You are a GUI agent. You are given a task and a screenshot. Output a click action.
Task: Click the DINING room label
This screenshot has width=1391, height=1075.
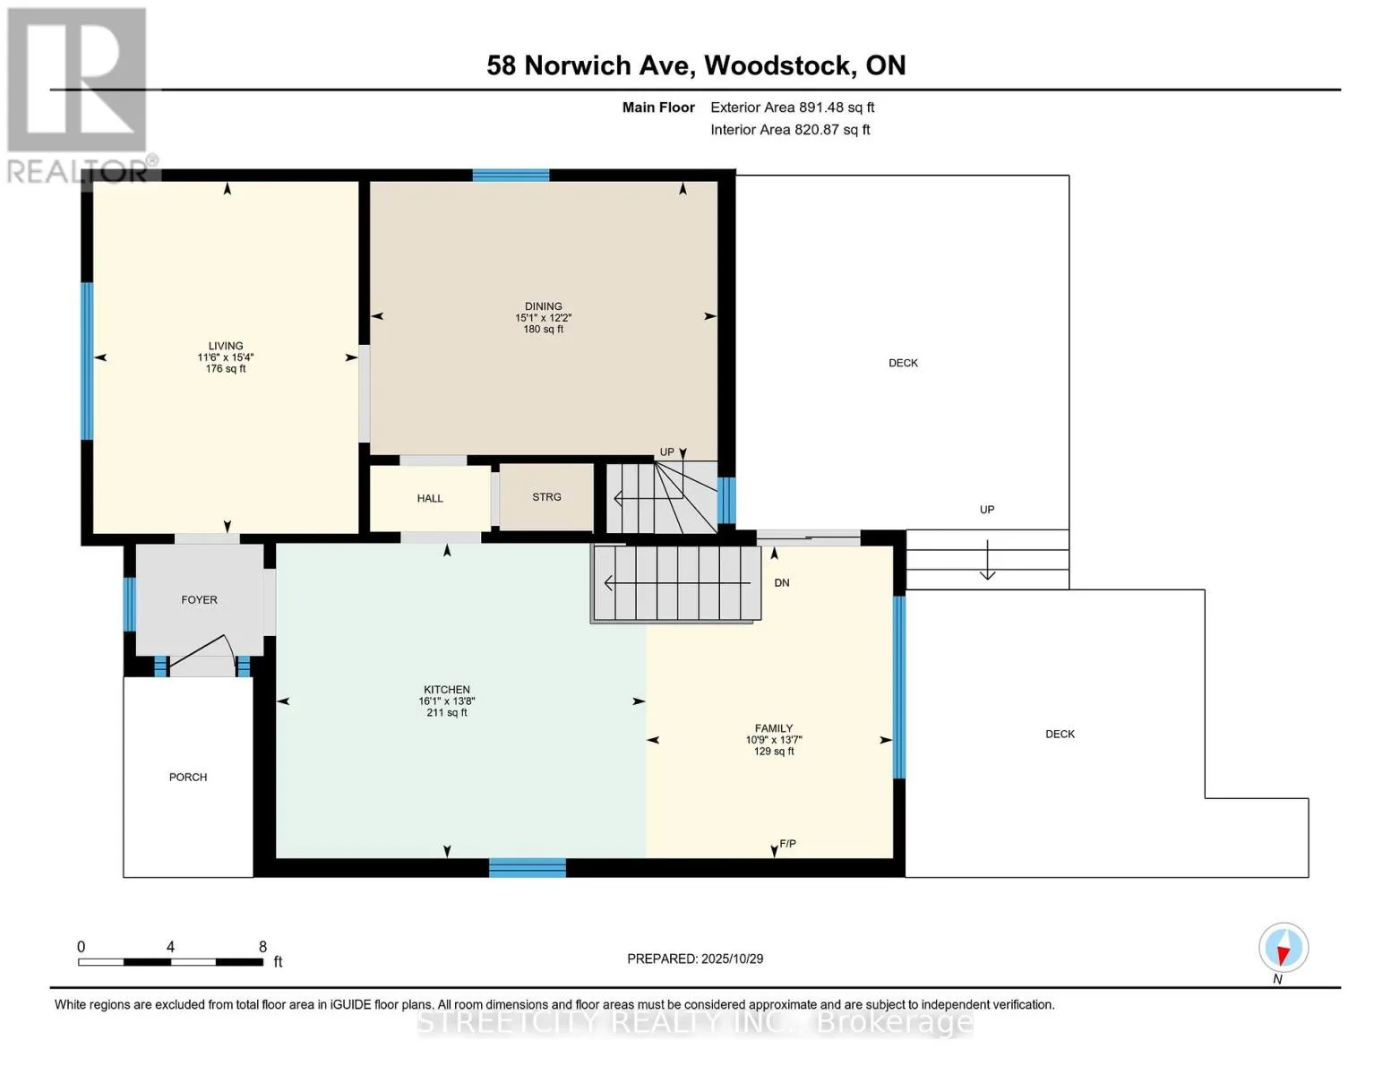tap(543, 306)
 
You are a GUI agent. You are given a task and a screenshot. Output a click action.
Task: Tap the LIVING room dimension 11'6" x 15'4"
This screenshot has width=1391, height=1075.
tap(226, 357)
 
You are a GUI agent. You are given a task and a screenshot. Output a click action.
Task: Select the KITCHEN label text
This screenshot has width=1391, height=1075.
tap(446, 690)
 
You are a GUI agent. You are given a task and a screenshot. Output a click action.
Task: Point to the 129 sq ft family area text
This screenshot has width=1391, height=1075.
tap(774, 752)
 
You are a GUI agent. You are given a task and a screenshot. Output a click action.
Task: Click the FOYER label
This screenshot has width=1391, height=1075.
tap(199, 600)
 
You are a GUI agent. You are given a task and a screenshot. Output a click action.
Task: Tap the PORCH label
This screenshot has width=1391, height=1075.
tap(188, 778)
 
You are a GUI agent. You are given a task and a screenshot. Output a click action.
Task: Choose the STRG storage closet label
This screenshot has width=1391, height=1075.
tap(546, 497)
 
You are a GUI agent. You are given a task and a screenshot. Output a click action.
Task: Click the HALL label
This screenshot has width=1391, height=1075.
tap(430, 499)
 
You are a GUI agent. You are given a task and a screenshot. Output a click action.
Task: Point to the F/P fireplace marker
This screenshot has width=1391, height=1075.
tap(788, 844)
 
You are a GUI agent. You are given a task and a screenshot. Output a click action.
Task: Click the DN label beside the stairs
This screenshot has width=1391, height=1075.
tap(782, 583)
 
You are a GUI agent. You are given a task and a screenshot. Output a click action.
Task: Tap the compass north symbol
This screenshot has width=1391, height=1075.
tap(1283, 949)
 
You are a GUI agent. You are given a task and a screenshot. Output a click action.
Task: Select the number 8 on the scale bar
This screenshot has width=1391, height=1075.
tap(262, 947)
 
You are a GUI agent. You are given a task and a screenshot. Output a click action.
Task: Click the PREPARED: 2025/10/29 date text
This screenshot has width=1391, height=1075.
tap(695, 959)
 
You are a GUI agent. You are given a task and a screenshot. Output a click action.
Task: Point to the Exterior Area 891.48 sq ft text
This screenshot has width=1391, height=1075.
tap(792, 107)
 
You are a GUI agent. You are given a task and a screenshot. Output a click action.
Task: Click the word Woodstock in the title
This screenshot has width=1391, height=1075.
tap(777, 65)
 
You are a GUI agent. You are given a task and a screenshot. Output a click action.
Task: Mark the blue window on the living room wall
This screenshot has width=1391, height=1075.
tap(87, 361)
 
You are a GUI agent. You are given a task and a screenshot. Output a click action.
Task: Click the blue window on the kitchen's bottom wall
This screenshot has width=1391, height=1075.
tap(528, 867)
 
